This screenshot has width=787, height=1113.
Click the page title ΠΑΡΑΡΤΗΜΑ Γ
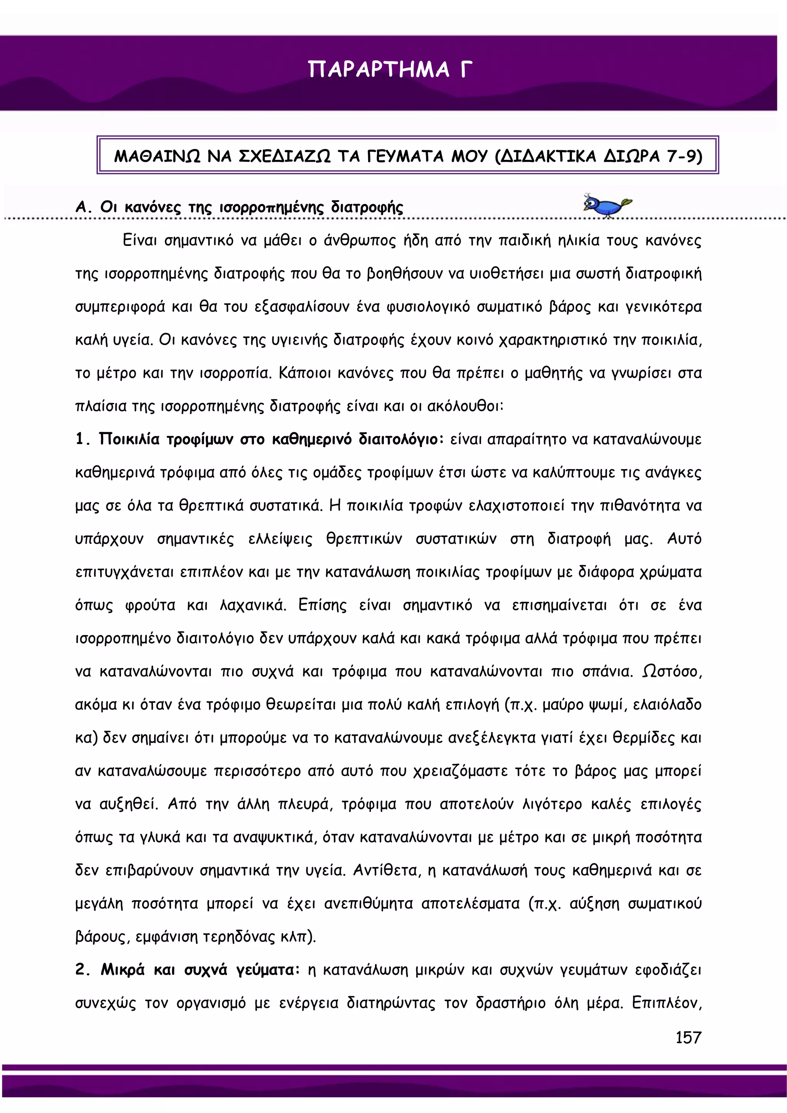390,69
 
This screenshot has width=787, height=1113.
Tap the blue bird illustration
606,205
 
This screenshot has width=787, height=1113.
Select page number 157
688,1037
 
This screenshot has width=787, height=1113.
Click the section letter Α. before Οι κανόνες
83,207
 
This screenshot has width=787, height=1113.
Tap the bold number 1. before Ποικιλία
83,439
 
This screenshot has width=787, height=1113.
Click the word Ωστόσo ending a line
672,672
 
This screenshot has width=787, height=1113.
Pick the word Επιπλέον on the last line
666,1002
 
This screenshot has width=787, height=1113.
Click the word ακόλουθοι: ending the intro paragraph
465,406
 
